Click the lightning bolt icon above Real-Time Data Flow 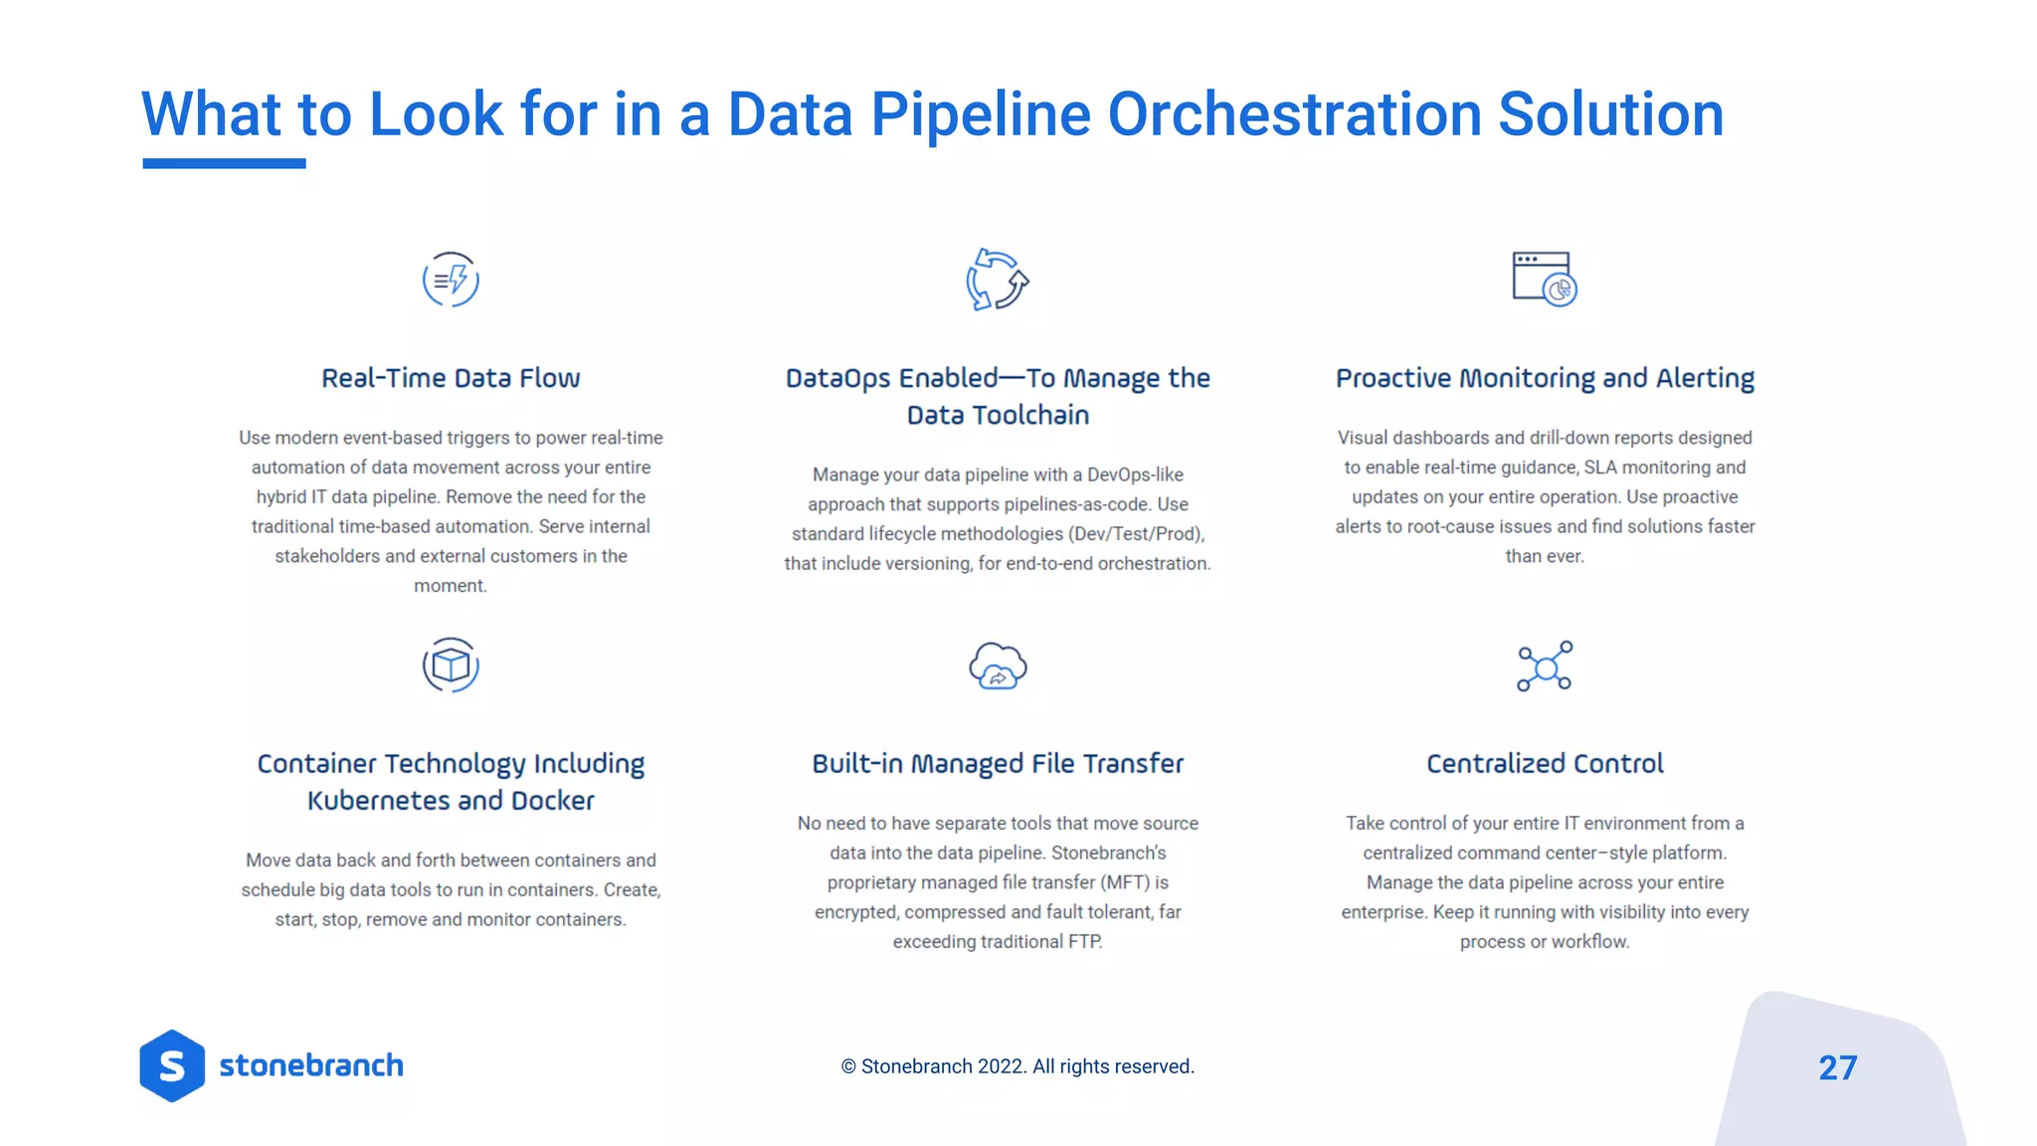point(451,280)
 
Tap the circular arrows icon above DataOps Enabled point(997,280)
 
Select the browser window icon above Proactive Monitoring point(1544,279)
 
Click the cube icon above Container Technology point(451,665)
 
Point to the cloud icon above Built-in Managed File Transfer point(998,666)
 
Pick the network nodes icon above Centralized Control point(1545,666)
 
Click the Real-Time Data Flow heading point(451,378)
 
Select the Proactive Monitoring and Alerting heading point(1545,378)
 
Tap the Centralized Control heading point(1545,763)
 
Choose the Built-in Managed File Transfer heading point(998,763)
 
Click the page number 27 point(1837,1067)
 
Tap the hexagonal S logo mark point(172,1065)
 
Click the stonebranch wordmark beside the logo point(311,1065)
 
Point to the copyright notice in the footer point(1018,1066)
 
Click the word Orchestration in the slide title point(1293,114)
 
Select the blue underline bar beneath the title point(224,163)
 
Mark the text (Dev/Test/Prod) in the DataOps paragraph point(1137,534)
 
